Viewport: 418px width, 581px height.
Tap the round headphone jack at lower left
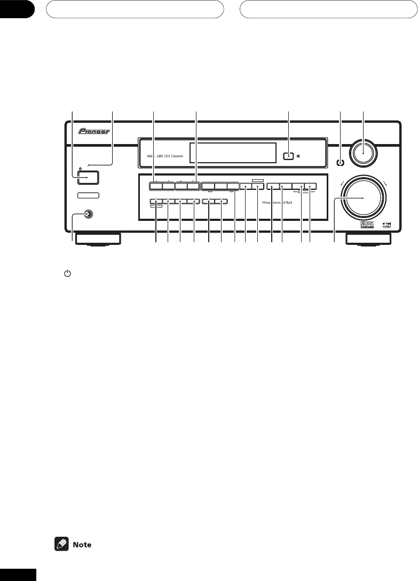(85, 215)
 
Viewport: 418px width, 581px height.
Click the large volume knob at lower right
(363, 198)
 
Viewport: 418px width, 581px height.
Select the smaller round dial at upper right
(364, 152)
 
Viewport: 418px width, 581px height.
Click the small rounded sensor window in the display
(288, 157)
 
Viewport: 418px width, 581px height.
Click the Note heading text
(82, 545)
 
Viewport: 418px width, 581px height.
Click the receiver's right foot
(367, 239)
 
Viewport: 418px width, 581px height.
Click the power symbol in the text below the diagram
(67, 273)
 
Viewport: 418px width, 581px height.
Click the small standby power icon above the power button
(80, 169)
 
